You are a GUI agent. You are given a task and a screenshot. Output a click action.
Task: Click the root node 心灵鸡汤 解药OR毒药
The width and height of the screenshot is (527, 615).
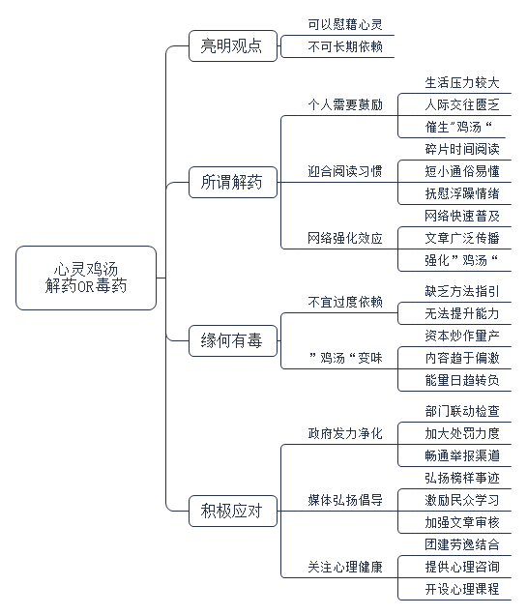(x=86, y=278)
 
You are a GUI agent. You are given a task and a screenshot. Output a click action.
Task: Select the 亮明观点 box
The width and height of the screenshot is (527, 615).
(x=233, y=45)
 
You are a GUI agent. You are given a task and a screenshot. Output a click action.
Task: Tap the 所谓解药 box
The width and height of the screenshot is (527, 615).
(x=233, y=182)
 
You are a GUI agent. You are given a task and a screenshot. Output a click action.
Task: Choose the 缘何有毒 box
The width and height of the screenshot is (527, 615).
(x=233, y=340)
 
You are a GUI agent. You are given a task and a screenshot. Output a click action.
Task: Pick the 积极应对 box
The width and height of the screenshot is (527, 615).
(x=233, y=511)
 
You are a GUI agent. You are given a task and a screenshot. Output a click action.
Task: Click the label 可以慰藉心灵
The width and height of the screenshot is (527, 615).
(x=345, y=24)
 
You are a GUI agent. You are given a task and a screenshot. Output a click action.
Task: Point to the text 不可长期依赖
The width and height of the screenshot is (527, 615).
(x=345, y=46)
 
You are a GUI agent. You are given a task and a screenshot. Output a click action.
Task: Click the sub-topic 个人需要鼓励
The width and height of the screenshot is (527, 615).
(x=345, y=104)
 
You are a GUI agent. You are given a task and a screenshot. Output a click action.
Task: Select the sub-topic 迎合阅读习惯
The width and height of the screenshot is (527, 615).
(x=345, y=171)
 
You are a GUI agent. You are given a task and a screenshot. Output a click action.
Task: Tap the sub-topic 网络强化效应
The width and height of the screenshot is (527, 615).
(x=345, y=238)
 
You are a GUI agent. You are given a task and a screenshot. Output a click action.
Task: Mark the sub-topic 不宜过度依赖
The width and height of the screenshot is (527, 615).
(x=345, y=302)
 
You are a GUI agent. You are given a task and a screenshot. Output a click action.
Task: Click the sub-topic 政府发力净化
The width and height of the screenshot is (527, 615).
(x=345, y=433)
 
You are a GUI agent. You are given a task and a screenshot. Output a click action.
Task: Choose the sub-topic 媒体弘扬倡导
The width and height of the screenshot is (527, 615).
(x=345, y=500)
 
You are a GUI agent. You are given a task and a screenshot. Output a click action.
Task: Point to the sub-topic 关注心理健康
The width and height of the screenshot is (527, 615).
(x=345, y=567)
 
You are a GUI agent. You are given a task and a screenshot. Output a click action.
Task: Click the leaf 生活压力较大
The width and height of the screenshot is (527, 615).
(x=462, y=83)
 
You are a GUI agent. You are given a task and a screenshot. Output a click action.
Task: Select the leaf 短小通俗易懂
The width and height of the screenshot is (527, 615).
(x=462, y=171)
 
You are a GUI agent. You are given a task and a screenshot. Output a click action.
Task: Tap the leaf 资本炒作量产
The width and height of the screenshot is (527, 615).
(x=462, y=336)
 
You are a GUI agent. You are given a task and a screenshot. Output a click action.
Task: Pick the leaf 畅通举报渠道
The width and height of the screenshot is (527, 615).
(x=462, y=455)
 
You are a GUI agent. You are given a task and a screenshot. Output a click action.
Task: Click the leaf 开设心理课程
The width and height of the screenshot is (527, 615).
(x=462, y=589)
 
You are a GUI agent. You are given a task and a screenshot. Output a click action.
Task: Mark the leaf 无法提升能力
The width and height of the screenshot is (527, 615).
(x=462, y=313)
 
